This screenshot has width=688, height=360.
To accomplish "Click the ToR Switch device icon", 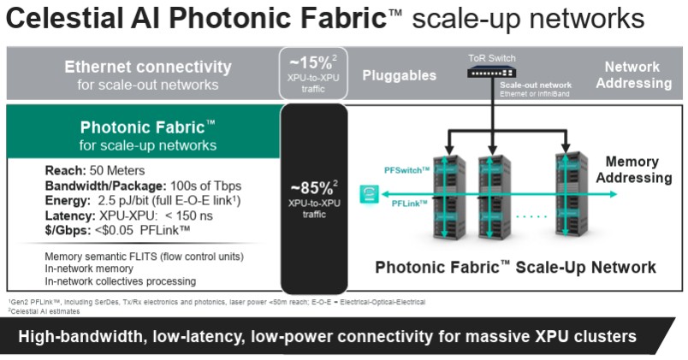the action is (491, 72).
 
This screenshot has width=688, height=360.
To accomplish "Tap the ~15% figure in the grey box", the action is (311, 63).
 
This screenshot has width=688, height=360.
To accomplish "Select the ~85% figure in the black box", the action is (312, 188).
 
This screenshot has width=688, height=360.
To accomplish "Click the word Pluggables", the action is (400, 75).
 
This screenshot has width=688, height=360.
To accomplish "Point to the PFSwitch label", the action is (406, 170).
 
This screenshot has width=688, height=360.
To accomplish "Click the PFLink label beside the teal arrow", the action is (409, 204).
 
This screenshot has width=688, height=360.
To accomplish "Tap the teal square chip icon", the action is (369, 194).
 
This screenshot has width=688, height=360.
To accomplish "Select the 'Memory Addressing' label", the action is (633, 169).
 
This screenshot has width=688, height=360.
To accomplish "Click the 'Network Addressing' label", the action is (633, 75).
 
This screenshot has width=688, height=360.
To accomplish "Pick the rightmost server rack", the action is (572, 195).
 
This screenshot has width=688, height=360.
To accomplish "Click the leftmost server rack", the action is (449, 197).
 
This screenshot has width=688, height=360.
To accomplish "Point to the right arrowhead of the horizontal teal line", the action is (613, 194).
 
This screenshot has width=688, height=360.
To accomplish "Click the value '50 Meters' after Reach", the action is (117, 170).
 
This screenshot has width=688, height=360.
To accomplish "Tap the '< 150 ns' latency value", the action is (188, 215).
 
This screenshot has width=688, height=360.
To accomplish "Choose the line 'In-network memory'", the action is (89, 269).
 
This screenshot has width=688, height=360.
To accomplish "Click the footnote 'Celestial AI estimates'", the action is (44, 311).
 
